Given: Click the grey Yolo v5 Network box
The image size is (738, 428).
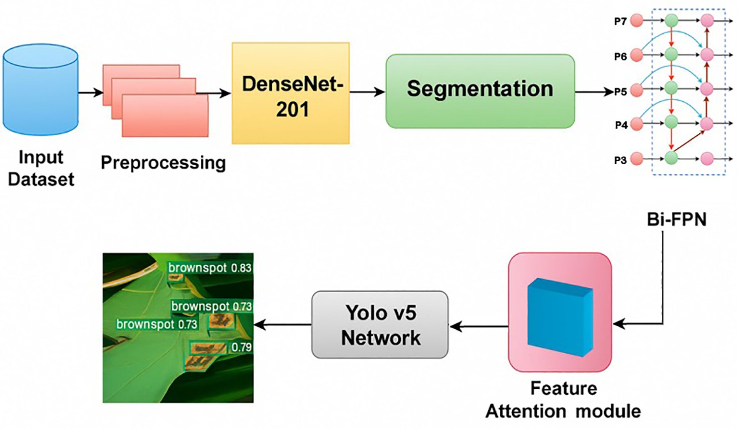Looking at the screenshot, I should [x=380, y=325].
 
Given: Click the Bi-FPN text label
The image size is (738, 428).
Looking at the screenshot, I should [x=676, y=220].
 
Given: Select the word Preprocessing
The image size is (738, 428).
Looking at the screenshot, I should [x=163, y=163].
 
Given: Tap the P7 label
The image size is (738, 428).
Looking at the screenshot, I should [x=620, y=21].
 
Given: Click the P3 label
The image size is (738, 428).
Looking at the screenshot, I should [x=620, y=160].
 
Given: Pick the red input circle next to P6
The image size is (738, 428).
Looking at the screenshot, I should [x=636, y=55].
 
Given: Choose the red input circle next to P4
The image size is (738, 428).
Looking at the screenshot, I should [x=636, y=124].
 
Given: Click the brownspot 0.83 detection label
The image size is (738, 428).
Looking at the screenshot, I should [x=209, y=268].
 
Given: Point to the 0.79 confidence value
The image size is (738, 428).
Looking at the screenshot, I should [x=242, y=347].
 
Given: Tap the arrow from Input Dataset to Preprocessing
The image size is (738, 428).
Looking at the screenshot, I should [x=90, y=93].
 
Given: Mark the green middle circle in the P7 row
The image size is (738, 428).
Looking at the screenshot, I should [x=671, y=20].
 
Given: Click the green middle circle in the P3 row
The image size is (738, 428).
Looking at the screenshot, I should [x=671, y=158].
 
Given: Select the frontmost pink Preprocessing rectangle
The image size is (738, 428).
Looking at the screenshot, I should [x=165, y=115].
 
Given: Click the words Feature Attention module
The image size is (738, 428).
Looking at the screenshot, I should [x=563, y=400].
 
